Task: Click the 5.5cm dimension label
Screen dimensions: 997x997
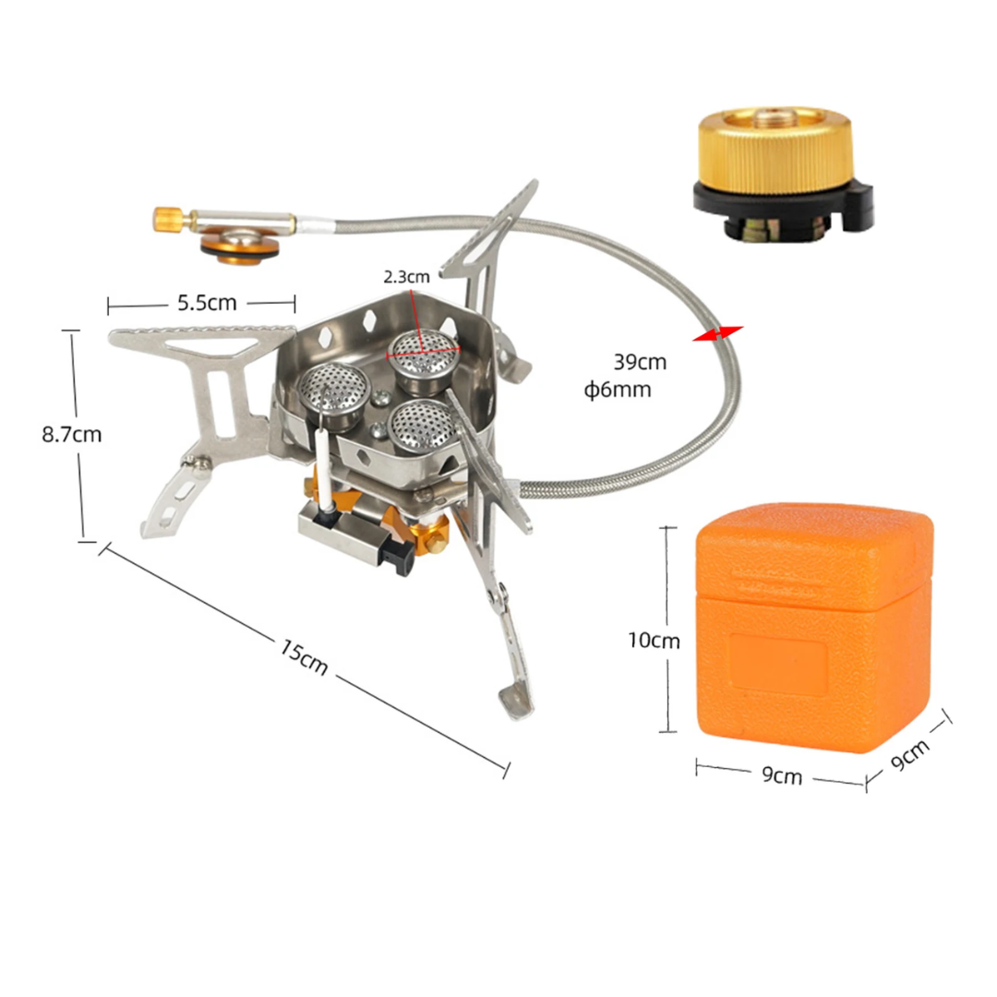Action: click(207, 303)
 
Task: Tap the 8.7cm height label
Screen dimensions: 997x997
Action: click(72, 434)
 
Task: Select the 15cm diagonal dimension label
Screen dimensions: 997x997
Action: click(304, 656)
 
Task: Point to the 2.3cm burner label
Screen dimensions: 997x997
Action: click(406, 277)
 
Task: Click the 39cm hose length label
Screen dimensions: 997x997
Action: click(640, 362)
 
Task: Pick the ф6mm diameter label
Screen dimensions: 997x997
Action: click(618, 389)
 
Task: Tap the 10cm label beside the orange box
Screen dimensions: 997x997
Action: click(654, 640)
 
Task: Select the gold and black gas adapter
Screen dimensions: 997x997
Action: click(783, 174)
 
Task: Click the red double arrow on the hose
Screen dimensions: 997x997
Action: click(718, 333)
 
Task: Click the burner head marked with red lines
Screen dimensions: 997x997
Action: click(424, 353)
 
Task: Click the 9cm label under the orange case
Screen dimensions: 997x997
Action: click(782, 775)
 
